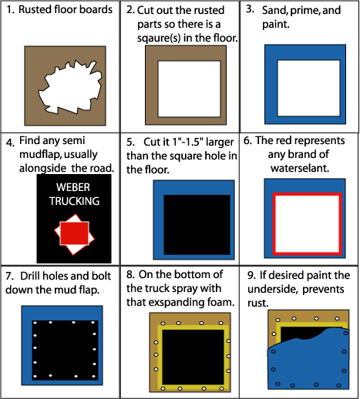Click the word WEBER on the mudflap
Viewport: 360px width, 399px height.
[73, 187]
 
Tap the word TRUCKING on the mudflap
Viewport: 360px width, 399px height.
[75, 201]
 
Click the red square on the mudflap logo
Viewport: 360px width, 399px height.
[75, 233]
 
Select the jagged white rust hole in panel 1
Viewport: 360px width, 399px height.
[70, 87]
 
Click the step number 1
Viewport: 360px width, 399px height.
[10, 10]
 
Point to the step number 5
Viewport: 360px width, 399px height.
[130, 142]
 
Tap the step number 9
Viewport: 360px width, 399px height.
[251, 275]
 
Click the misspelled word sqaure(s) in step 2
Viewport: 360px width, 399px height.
[159, 38]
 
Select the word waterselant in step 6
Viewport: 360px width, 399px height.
[300, 168]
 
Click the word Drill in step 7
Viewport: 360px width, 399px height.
[30, 276]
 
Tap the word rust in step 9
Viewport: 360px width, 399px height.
[257, 303]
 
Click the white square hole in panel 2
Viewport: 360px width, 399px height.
[189, 89]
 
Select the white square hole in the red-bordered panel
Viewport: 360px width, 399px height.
[307, 223]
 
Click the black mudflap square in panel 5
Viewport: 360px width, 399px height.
[197, 225]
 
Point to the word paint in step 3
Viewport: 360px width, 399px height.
[275, 25]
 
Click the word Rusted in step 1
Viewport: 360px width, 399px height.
[35, 10]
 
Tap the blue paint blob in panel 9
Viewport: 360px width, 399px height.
[308, 360]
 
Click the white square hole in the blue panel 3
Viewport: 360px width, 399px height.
[308, 88]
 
